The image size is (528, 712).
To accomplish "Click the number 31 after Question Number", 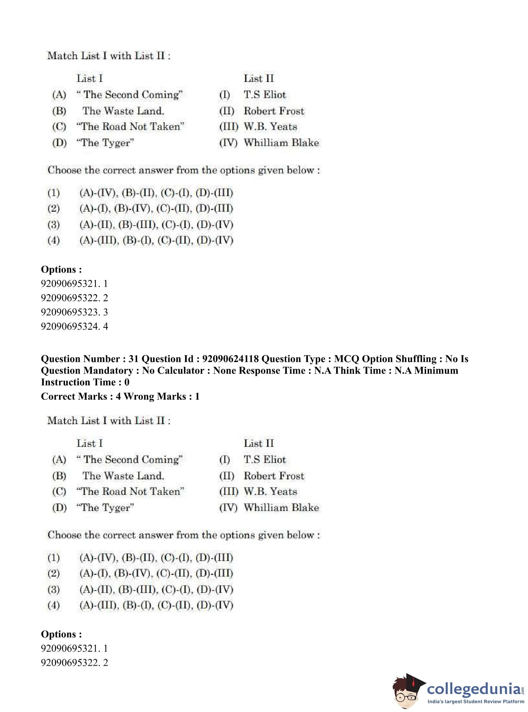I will point(133,359).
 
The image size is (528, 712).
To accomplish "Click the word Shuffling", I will point(416,359).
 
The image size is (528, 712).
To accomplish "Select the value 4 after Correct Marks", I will point(118,396).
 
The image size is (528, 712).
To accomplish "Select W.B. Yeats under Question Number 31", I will point(270,491).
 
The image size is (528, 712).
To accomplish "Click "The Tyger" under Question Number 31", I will point(105,508).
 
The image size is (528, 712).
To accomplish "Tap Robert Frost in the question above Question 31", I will point(274,111).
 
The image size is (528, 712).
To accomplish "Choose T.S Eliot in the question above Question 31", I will point(265,95).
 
